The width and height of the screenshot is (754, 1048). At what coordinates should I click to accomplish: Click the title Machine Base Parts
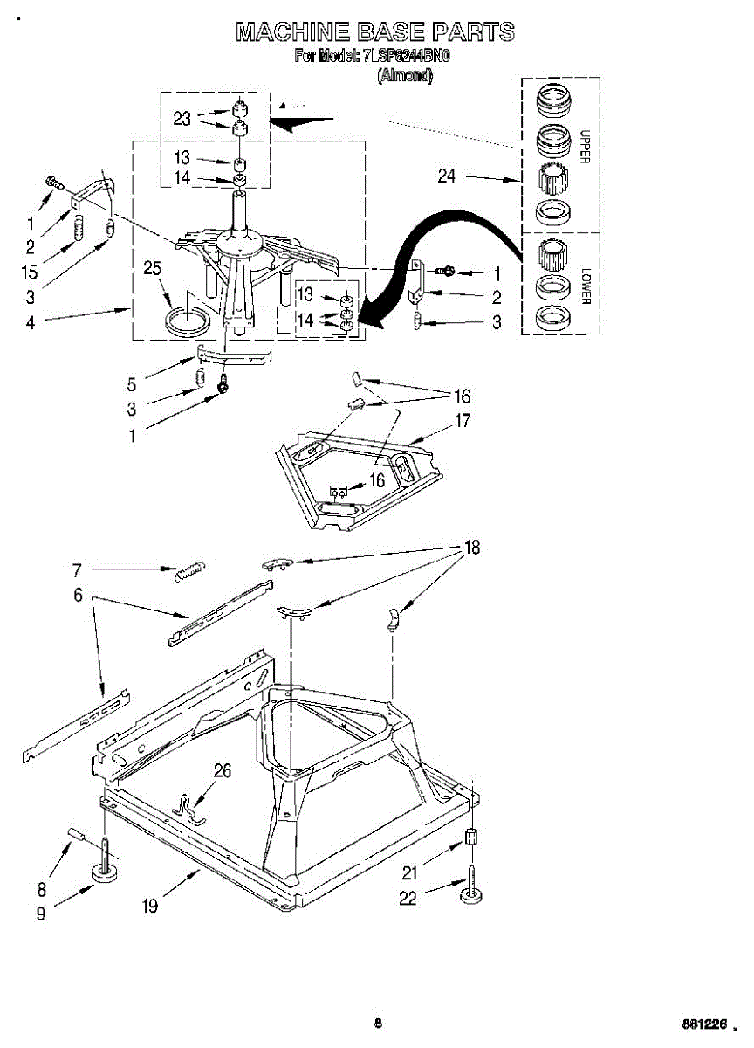(x=375, y=33)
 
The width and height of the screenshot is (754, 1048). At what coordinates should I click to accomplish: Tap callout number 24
(x=447, y=176)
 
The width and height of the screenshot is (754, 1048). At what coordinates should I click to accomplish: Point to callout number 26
(x=223, y=770)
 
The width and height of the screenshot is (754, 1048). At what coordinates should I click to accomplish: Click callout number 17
(x=462, y=421)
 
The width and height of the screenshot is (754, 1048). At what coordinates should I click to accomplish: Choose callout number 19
(x=150, y=906)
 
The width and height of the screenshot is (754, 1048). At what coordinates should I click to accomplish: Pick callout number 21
(x=409, y=872)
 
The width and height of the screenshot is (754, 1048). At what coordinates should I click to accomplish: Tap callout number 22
(x=408, y=899)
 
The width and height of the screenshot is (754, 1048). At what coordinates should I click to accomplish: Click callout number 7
(x=77, y=570)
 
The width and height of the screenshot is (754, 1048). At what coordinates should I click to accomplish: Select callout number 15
(x=31, y=272)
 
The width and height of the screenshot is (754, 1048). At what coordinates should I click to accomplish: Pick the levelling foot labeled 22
(x=472, y=885)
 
